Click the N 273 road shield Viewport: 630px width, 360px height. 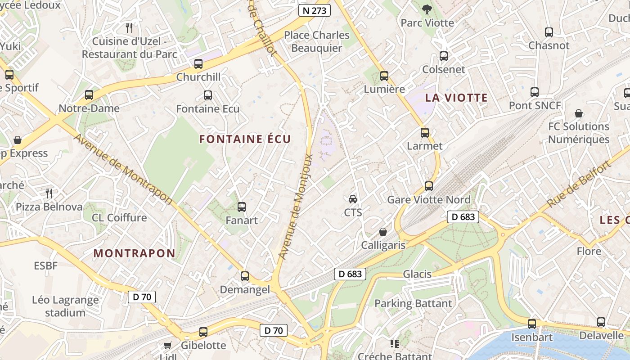(315, 10)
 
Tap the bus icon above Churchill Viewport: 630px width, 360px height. (198, 64)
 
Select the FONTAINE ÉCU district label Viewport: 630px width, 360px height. (245, 139)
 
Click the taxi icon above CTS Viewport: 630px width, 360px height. (353, 199)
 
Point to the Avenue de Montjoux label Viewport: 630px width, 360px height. (296, 207)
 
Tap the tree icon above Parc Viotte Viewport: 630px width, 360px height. (427, 9)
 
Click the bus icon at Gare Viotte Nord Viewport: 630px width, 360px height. (429, 186)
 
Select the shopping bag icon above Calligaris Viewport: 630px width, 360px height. (383, 232)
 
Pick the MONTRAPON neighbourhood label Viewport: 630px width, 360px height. (134, 253)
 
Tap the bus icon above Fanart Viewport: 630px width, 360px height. (242, 207)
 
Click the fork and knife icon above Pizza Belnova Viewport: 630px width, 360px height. (49, 193)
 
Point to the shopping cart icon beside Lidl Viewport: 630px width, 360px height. (168, 345)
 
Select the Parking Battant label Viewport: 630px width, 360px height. (413, 304)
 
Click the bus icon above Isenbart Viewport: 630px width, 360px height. (532, 324)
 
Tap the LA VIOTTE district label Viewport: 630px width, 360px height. (456, 98)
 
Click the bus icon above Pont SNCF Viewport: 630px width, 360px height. (535, 92)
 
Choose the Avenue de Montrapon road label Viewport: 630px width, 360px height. (123, 168)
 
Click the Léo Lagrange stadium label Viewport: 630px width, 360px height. (65, 306)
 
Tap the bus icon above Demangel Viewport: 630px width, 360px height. (245, 276)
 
